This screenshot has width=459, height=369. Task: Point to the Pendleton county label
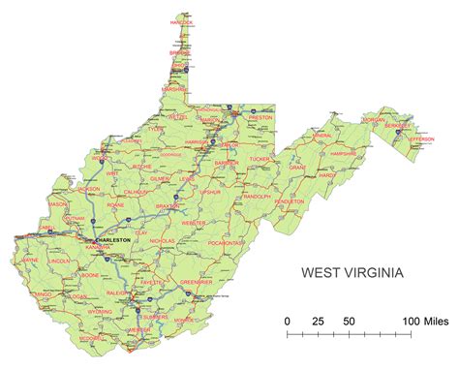289,201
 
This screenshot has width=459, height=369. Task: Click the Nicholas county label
162,239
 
